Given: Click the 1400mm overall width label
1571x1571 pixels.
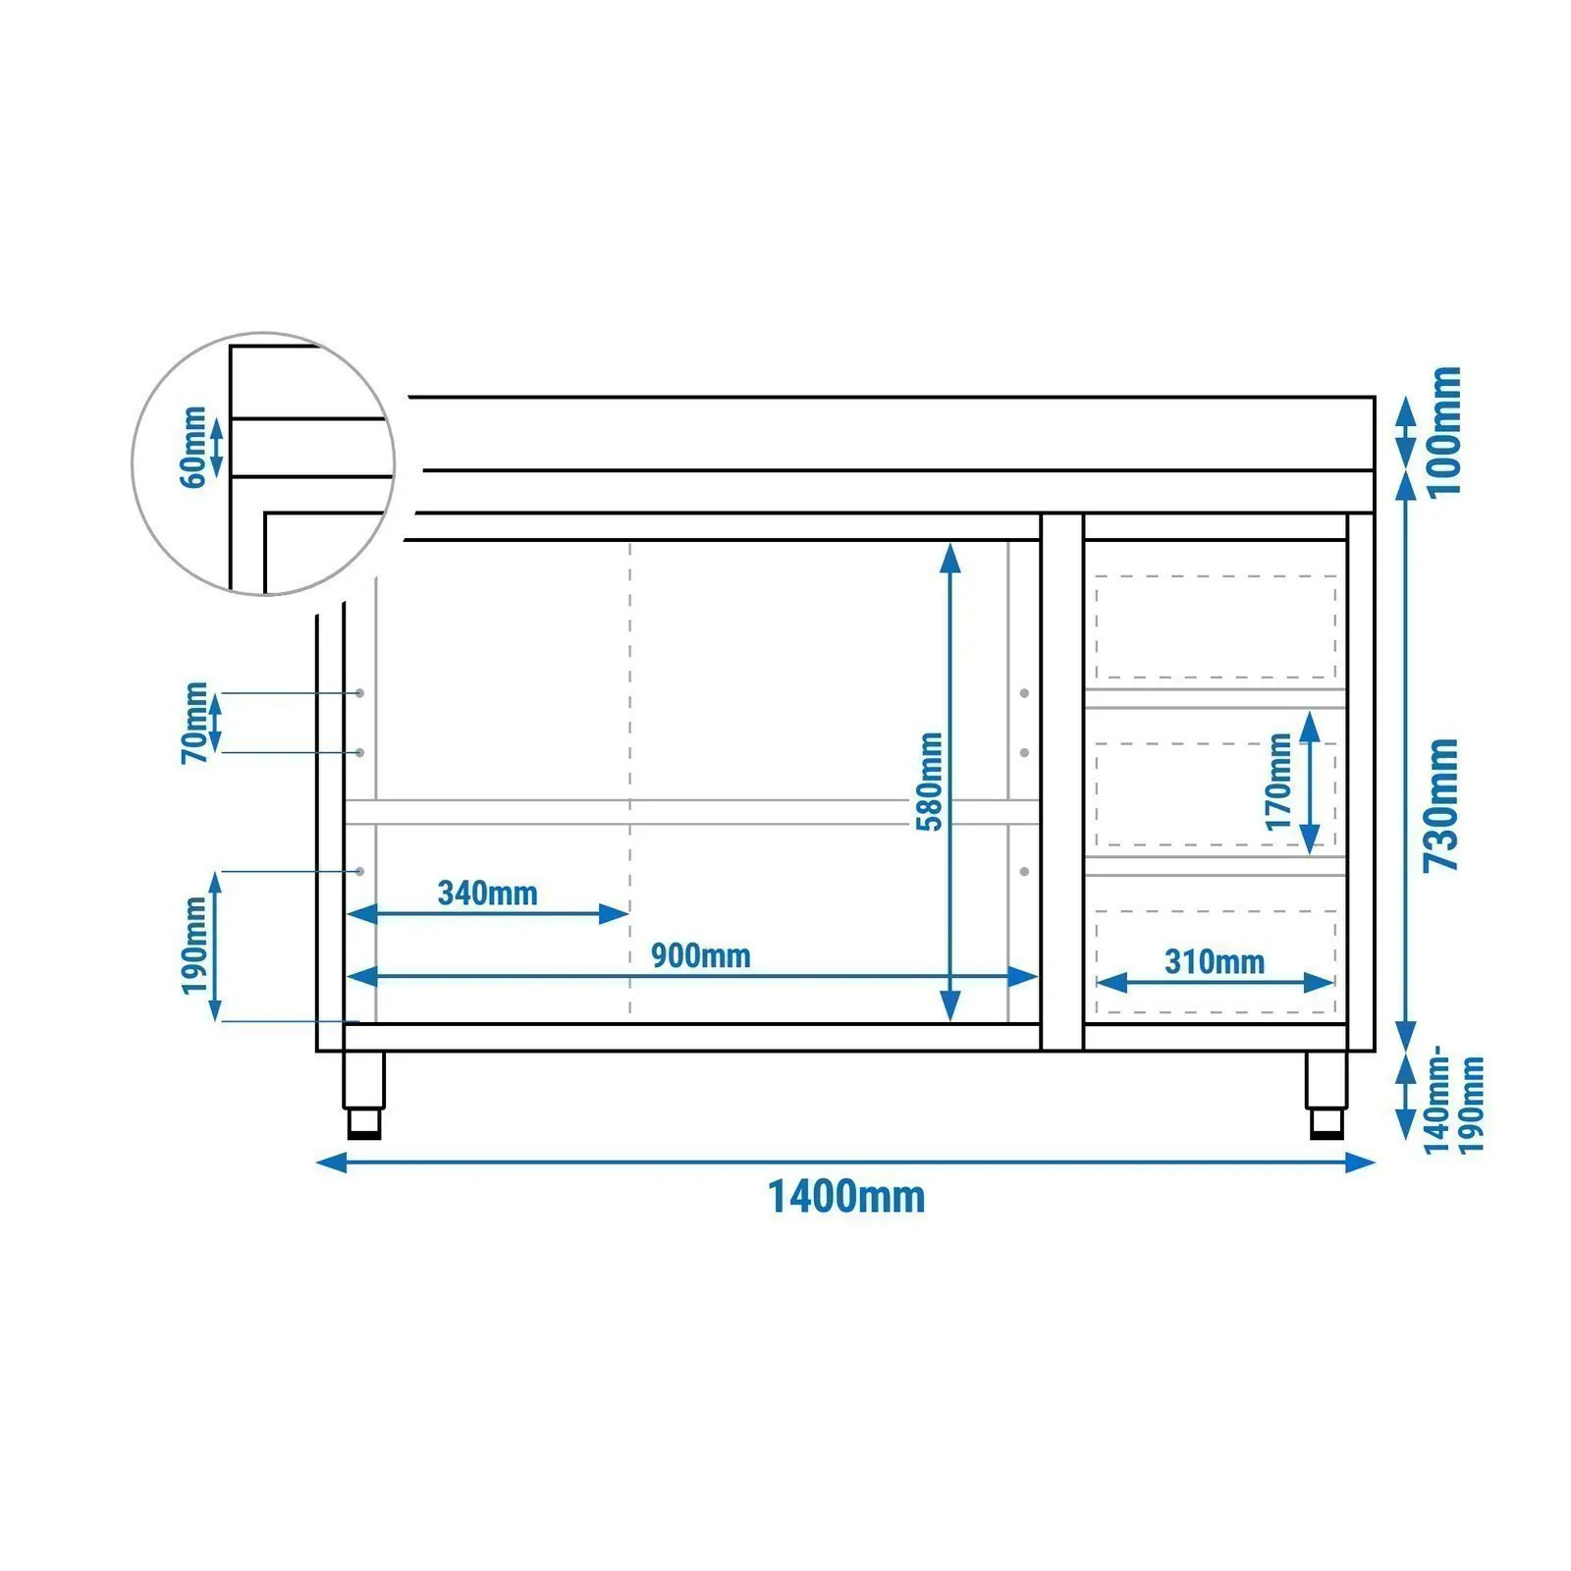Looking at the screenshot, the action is (845, 1198).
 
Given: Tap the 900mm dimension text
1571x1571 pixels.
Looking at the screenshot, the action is (700, 955).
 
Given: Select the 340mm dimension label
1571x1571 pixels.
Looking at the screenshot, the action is (487, 894).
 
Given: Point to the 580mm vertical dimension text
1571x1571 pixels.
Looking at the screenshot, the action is (929, 782).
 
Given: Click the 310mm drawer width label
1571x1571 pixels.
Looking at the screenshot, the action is (1215, 961).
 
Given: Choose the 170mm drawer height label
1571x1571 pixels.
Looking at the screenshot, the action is (1279, 782).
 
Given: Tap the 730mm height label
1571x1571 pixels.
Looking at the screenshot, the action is (1442, 804).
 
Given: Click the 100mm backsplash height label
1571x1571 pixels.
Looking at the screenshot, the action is (1444, 431).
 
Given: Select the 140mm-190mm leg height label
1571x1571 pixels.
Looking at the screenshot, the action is (1455, 1106).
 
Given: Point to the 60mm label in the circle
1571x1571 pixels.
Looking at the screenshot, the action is (193, 447).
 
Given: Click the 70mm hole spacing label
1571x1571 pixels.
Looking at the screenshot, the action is (194, 723).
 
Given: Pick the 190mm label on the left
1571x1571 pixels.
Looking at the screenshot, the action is (194, 946).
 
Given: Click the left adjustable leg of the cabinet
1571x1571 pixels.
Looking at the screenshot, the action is (363, 1095).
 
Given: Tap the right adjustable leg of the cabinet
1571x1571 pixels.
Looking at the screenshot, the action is (1327, 1095).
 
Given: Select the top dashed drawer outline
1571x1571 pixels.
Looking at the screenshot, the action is (1216, 627).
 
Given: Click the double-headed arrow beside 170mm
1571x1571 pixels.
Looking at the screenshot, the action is (1309, 782).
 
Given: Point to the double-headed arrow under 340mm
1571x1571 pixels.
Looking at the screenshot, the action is (488, 914).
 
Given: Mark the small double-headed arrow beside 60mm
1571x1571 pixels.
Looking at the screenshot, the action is (217, 448).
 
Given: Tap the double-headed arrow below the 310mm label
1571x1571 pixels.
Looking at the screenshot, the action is (1216, 982).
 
